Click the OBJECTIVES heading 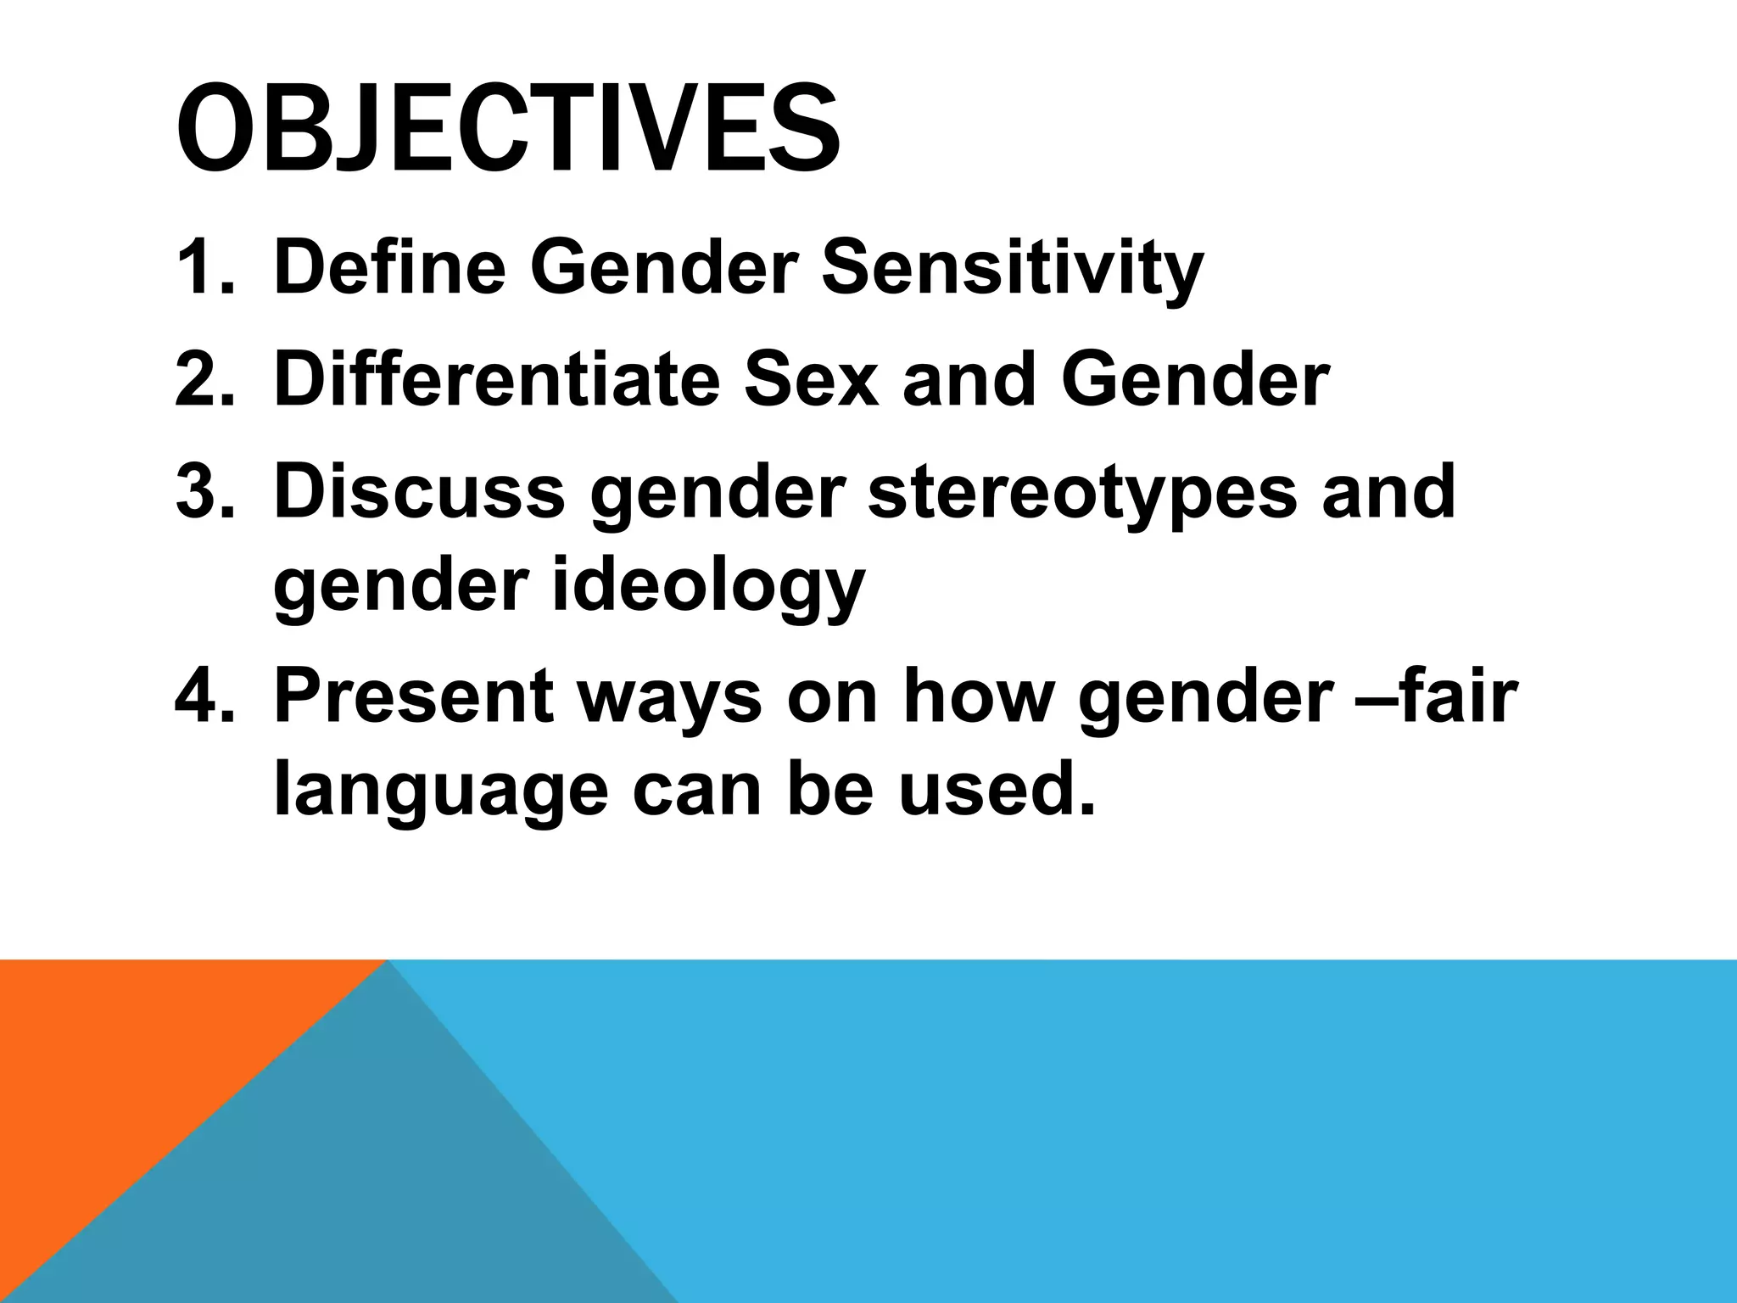coord(507,129)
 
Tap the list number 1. coord(204,268)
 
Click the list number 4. coord(204,697)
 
